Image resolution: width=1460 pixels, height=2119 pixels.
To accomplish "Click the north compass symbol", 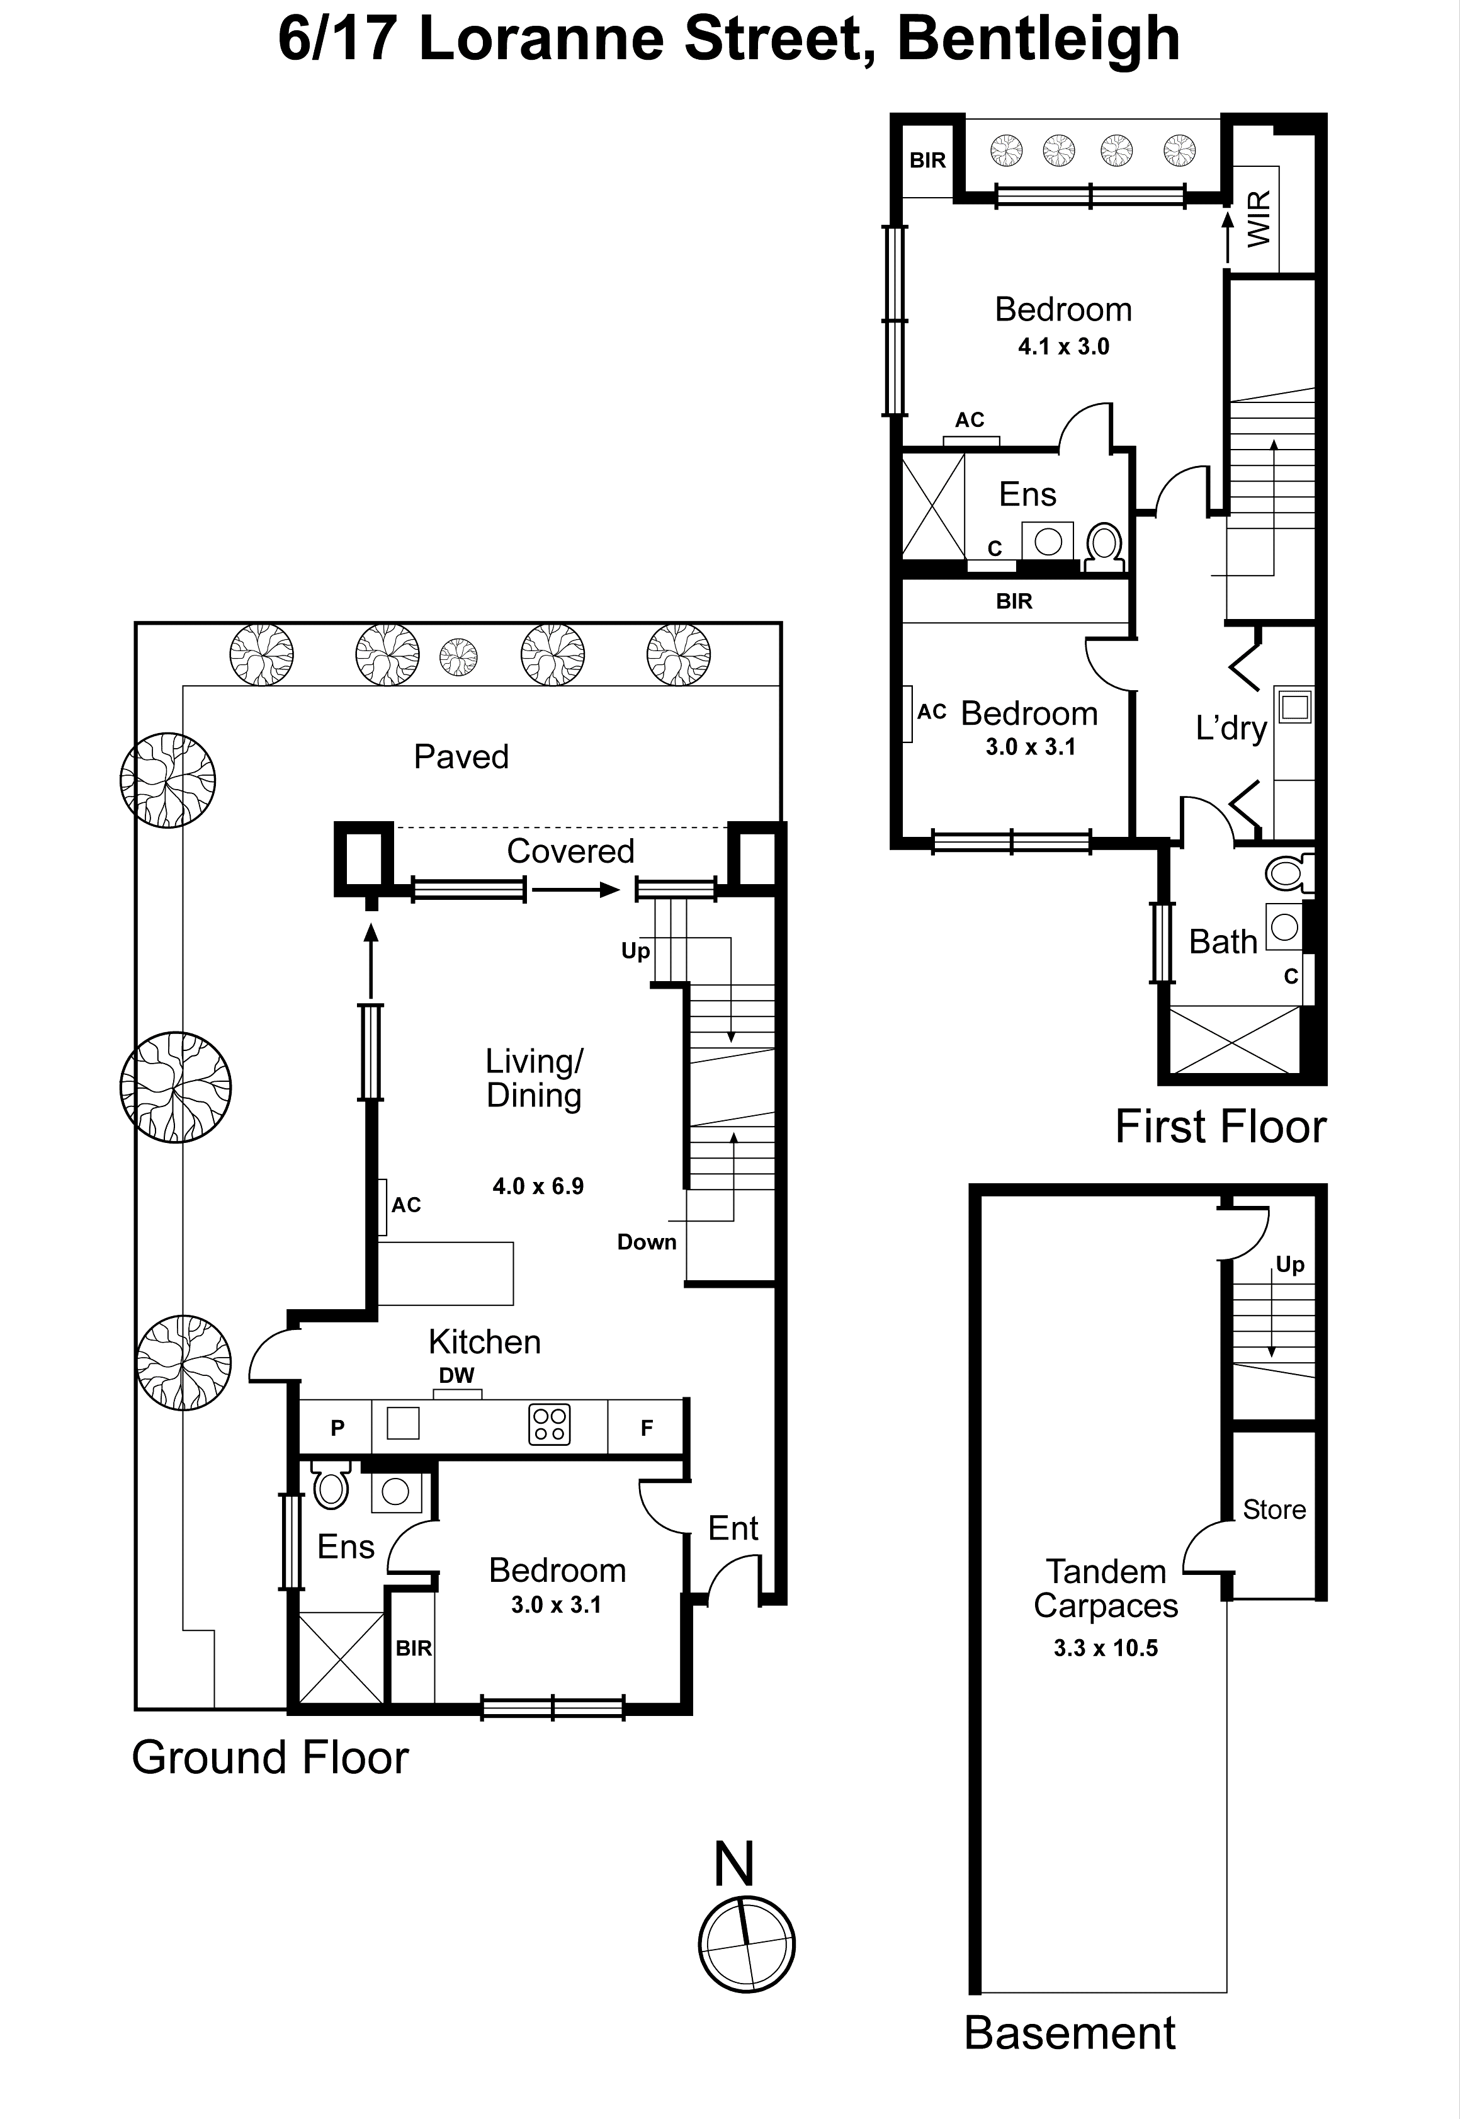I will click(x=747, y=1944).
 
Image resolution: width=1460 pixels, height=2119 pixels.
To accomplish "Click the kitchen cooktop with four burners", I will click(x=550, y=1424).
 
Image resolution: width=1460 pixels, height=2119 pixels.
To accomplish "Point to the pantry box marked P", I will click(x=337, y=1428).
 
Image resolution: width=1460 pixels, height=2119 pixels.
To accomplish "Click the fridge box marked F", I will click(x=646, y=1428).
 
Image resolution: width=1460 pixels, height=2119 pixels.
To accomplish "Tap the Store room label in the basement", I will click(x=1274, y=1509).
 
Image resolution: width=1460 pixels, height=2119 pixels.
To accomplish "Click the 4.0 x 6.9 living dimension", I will click(x=538, y=1186).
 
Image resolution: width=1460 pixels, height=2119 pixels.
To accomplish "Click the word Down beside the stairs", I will click(x=646, y=1242).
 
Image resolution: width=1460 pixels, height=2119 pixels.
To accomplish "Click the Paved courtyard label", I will click(x=461, y=757).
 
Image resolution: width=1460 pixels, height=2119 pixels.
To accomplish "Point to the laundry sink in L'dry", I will click(x=1294, y=707).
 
